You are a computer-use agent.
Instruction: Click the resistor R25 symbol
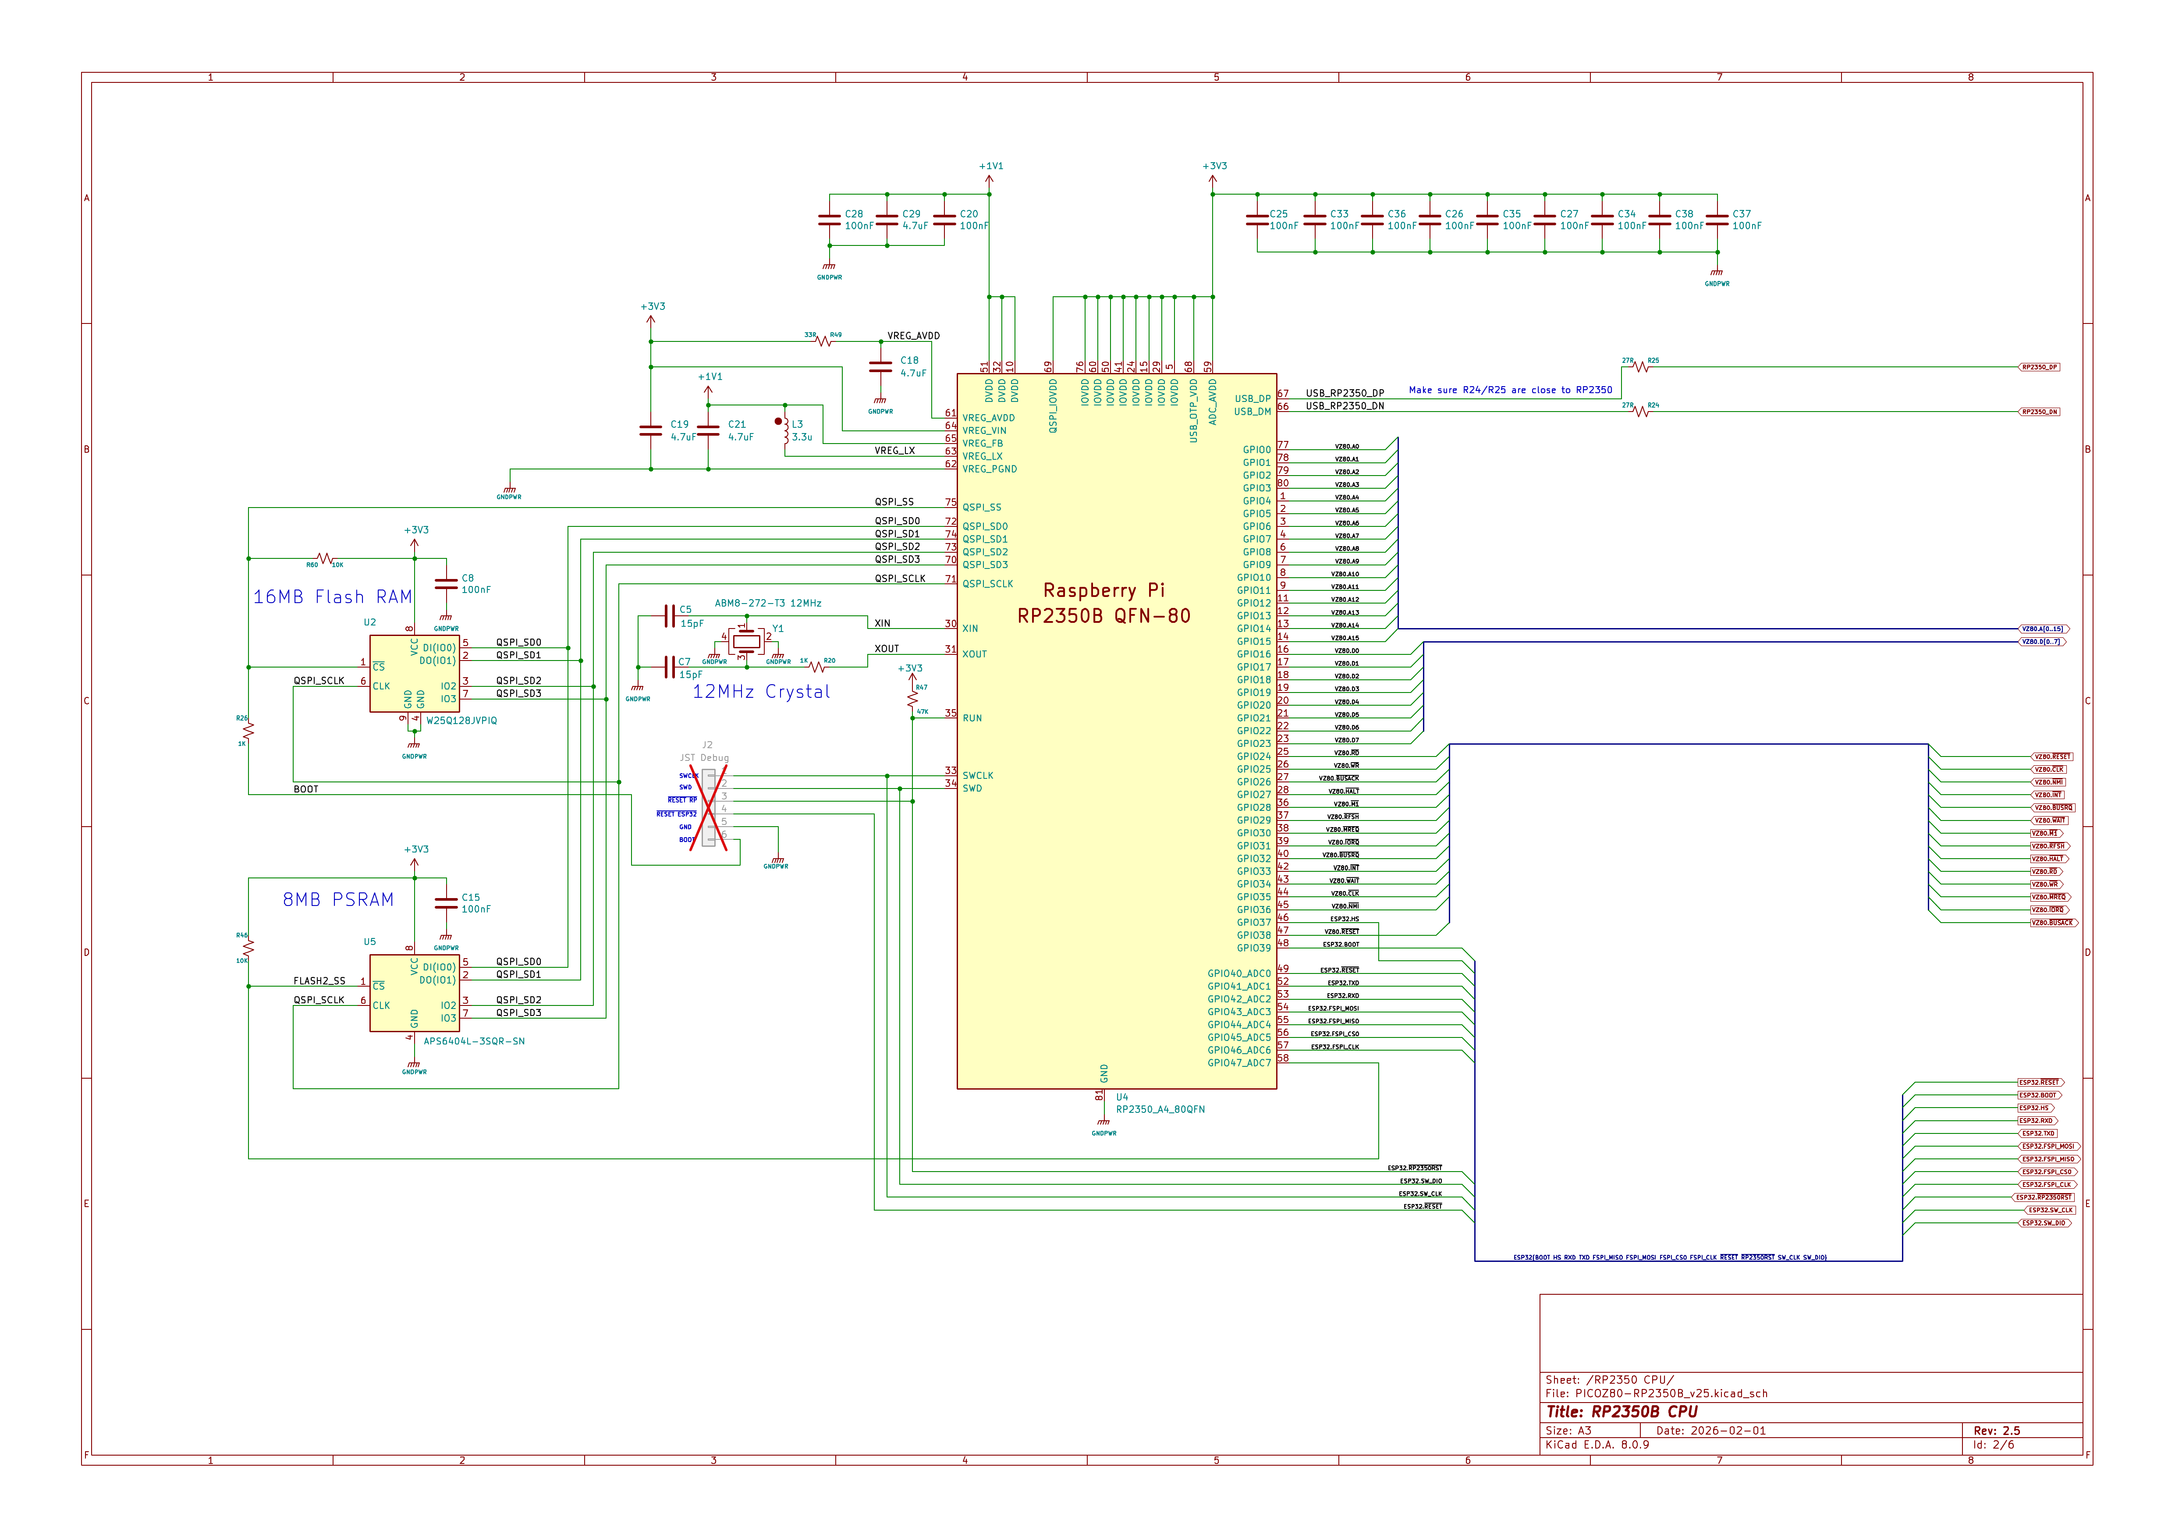(1641, 367)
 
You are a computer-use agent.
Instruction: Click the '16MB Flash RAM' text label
(333, 597)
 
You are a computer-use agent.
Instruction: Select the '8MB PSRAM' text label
(338, 899)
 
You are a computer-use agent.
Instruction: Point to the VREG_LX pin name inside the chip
(983, 456)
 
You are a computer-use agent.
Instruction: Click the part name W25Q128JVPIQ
(461, 720)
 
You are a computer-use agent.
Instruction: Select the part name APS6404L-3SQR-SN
(474, 1041)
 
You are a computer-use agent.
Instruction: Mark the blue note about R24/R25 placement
(1510, 390)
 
